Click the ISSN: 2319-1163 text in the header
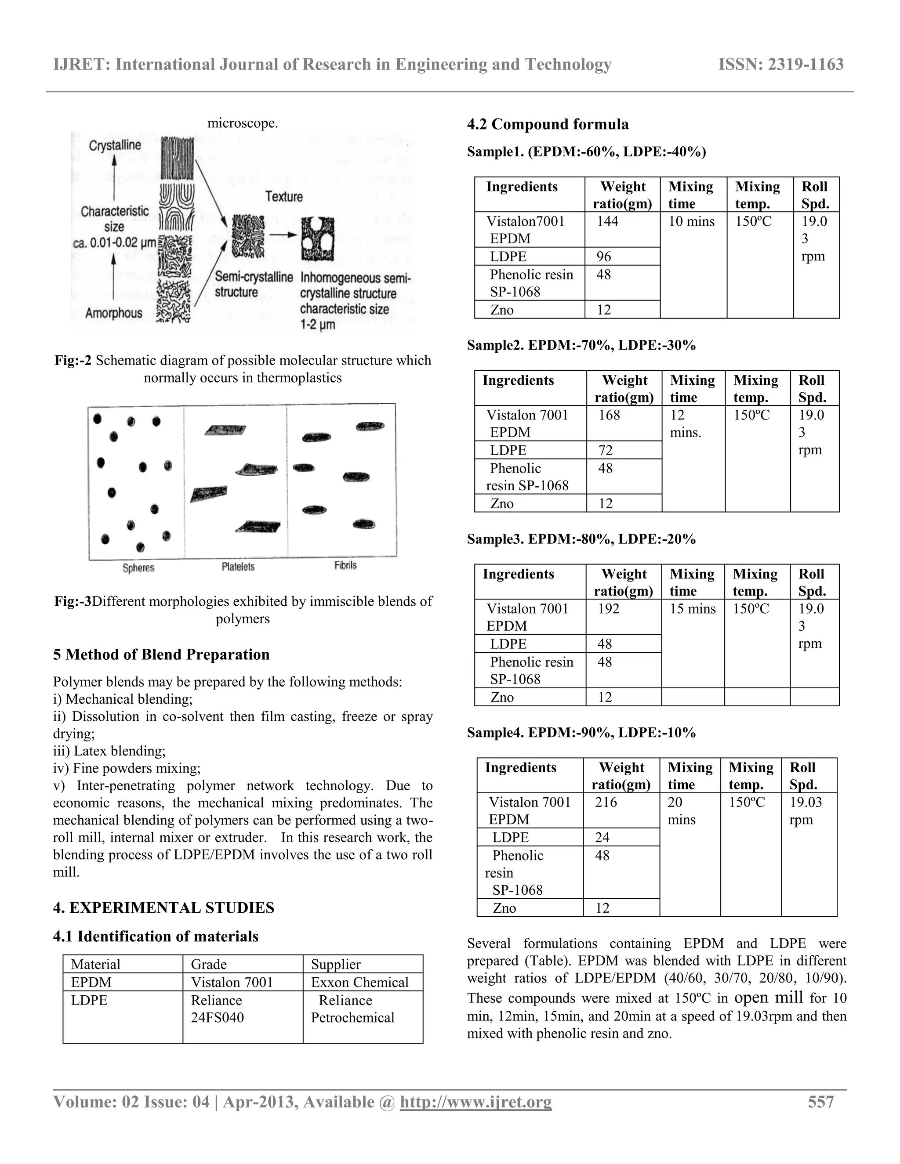tap(780, 65)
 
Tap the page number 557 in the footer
tap(820, 1101)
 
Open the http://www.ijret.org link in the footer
tap(475, 1102)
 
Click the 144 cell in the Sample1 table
tap(607, 221)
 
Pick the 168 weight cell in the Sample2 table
tap(609, 415)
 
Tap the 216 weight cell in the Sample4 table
tap(606, 802)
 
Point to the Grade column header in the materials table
tap(209, 964)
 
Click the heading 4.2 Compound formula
tap(548, 124)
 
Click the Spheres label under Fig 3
tap(138, 568)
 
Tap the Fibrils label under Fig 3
tap(345, 565)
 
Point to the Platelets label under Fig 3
tap(238, 567)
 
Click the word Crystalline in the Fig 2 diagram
tap(115, 145)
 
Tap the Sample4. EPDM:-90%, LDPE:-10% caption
tap(581, 732)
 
